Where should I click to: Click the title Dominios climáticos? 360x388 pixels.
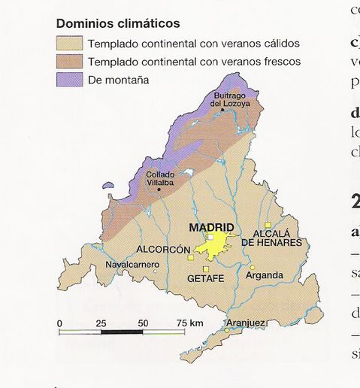click(118, 24)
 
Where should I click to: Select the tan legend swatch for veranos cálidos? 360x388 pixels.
click(69, 44)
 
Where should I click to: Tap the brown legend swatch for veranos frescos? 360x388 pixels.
click(69, 62)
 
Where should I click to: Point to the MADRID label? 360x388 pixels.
click(211, 228)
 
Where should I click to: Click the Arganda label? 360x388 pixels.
click(265, 275)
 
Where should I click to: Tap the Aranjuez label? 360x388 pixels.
click(245, 323)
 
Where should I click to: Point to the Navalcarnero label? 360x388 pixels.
click(132, 265)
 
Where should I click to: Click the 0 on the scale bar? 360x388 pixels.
click(59, 323)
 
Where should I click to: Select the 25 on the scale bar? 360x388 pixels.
click(101, 323)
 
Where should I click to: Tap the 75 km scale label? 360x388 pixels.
click(190, 323)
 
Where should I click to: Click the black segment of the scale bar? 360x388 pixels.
click(122, 331)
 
